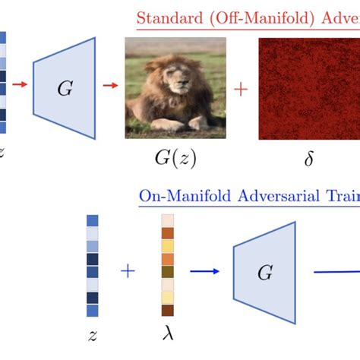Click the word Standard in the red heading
pyautogui.click(x=170, y=18)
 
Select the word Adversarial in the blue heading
pyautogui.click(x=279, y=196)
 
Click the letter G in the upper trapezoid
pyautogui.click(x=65, y=88)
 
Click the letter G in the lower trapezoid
pyautogui.click(x=265, y=273)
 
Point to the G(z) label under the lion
pyautogui.click(x=175, y=159)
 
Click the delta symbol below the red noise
pyautogui.click(x=309, y=158)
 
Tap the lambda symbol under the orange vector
pyautogui.click(x=168, y=333)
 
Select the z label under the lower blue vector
pyautogui.click(x=93, y=336)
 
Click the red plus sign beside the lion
pyautogui.click(x=241, y=90)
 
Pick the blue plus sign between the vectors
pyautogui.click(x=128, y=271)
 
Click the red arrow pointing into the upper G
pyautogui.click(x=20, y=84)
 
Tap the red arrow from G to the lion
pyautogui.click(x=111, y=85)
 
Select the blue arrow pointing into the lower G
pyautogui.click(x=204, y=271)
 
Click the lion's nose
pyautogui.click(x=183, y=82)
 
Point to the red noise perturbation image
pyautogui.click(x=309, y=89)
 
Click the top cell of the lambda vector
pyautogui.click(x=168, y=220)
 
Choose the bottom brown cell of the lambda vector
pyautogui.click(x=168, y=310)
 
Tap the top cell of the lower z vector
pyautogui.click(x=93, y=220)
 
